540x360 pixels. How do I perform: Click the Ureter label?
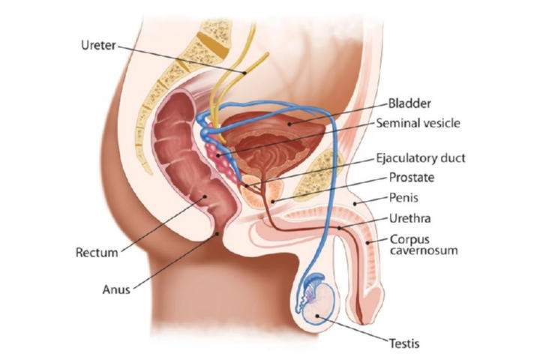pyautogui.click(x=98, y=45)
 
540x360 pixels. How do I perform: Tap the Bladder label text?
pyautogui.click(x=409, y=103)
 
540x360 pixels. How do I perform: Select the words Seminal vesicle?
pyautogui.click(x=418, y=123)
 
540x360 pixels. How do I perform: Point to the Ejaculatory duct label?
pyautogui.click(x=421, y=158)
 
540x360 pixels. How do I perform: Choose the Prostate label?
pyautogui.click(x=412, y=178)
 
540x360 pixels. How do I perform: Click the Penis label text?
pyautogui.click(x=403, y=198)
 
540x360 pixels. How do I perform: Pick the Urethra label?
pyautogui.click(x=409, y=218)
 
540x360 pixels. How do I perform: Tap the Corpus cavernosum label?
pyautogui.click(x=424, y=244)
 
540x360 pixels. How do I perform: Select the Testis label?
pyautogui.click(x=404, y=343)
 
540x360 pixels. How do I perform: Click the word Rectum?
pyautogui.click(x=97, y=253)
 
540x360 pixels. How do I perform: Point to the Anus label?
pyautogui.click(x=116, y=289)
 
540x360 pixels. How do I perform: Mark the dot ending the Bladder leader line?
pyautogui.click(x=290, y=124)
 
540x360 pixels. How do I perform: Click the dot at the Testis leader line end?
pyautogui.click(x=316, y=316)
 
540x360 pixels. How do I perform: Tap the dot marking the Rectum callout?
pyautogui.click(x=205, y=196)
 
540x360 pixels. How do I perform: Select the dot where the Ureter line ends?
pyautogui.click(x=244, y=73)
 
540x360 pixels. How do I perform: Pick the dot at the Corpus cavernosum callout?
pyautogui.click(x=367, y=243)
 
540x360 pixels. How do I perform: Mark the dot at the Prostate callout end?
pyautogui.click(x=272, y=202)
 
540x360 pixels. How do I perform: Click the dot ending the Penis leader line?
pyautogui.click(x=355, y=203)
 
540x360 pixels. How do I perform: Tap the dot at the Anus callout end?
pyautogui.click(x=217, y=234)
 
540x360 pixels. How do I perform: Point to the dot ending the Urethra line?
pyautogui.click(x=340, y=228)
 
